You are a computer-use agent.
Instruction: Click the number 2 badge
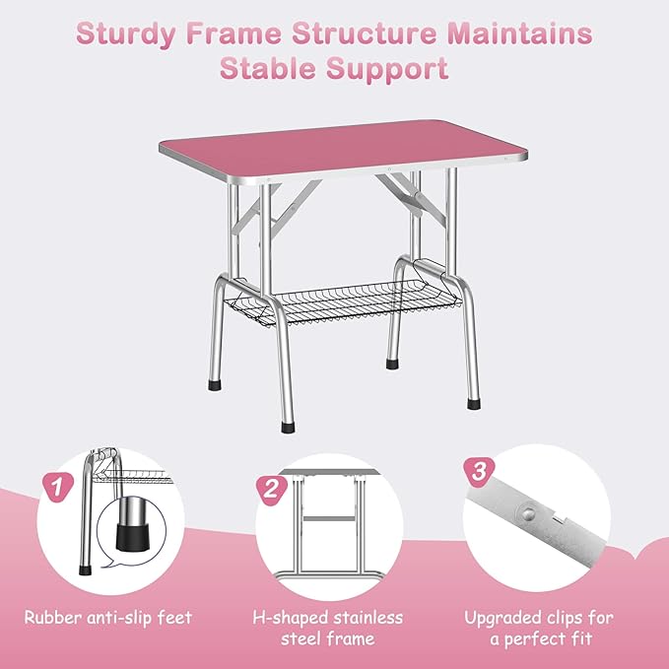[269, 486]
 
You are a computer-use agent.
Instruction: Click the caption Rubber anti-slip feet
[109, 619]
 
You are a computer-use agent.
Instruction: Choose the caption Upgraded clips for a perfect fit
[539, 629]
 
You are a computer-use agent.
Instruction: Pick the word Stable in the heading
[265, 69]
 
